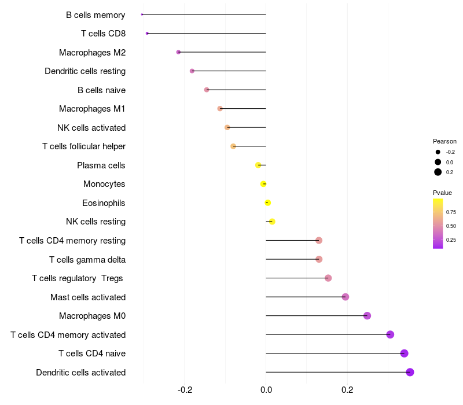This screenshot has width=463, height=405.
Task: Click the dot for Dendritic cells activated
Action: pyautogui.click(x=410, y=372)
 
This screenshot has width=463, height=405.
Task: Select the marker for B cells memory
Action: pyautogui.click(x=142, y=14)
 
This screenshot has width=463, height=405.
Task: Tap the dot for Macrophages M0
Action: pyautogui.click(x=367, y=316)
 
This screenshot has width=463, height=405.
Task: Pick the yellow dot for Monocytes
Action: pyautogui.click(x=263, y=184)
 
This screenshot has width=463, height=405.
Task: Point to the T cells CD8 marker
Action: pyautogui.click(x=147, y=34)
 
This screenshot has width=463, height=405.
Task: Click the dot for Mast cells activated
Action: pyautogui.click(x=346, y=297)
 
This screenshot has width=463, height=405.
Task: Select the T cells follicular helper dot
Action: pyautogui.click(x=233, y=146)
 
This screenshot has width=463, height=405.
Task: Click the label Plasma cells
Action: pyautogui.click(x=101, y=165)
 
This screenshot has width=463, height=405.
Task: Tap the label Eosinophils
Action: pyautogui.click(x=104, y=203)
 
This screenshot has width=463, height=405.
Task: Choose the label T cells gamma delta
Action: pyautogui.click(x=87, y=260)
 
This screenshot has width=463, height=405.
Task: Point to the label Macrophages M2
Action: pyautogui.click(x=92, y=53)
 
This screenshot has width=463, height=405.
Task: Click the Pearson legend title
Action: pyautogui.click(x=444, y=141)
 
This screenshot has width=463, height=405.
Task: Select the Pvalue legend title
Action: pyautogui.click(x=443, y=193)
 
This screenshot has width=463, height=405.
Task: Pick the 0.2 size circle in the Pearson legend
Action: pyautogui.click(x=438, y=172)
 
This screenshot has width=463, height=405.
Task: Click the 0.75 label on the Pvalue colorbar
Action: pyautogui.click(x=451, y=212)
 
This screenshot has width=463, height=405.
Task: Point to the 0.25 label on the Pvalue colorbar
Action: pyautogui.click(x=451, y=240)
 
